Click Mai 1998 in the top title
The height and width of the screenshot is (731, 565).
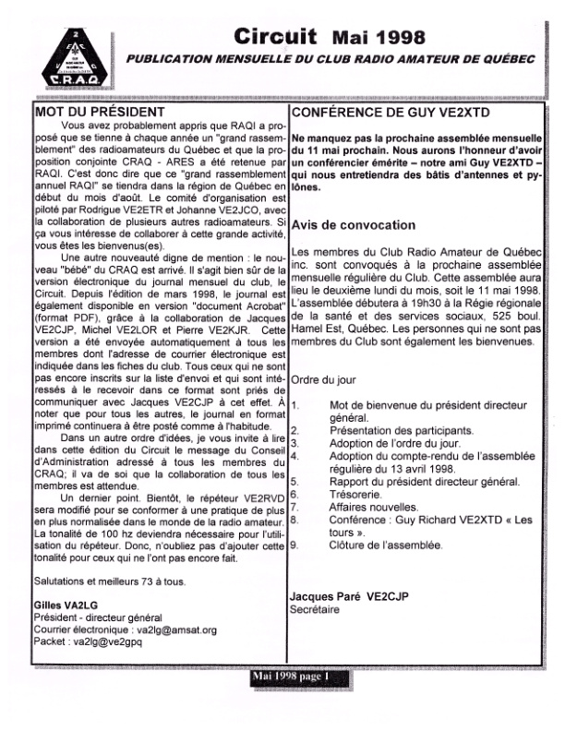click(378, 38)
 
